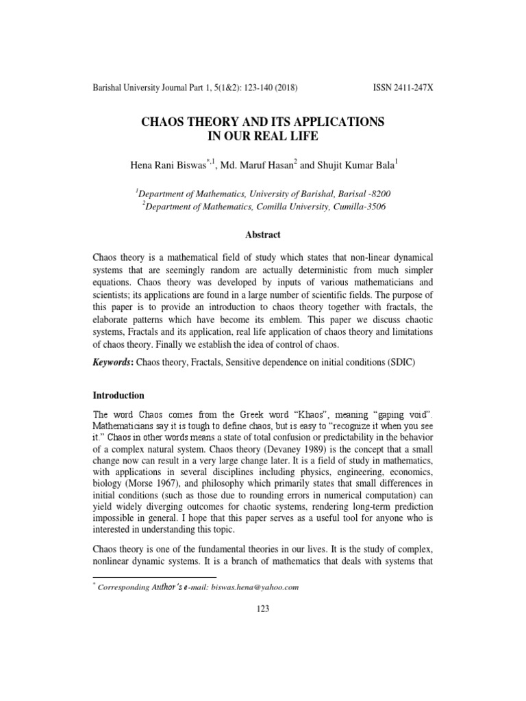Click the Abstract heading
(263, 235)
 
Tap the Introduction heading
(118, 396)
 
